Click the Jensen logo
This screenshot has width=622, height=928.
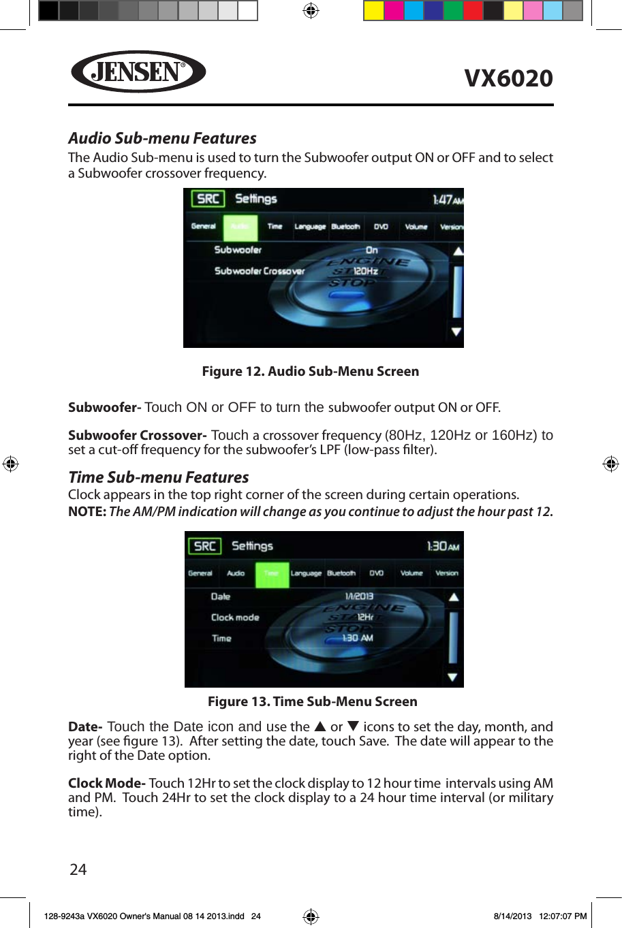tap(138, 71)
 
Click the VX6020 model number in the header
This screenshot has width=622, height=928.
tap(508, 78)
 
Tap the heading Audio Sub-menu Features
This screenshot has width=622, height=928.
tap(162, 138)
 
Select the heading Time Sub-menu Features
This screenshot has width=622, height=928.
tap(158, 477)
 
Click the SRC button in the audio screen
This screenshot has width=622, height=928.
tap(208, 199)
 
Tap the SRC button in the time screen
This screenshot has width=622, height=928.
tap(204, 546)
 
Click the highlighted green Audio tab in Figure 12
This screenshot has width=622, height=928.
tap(240, 227)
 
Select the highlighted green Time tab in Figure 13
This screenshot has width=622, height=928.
tap(272, 574)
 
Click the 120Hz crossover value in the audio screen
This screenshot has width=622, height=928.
tap(365, 271)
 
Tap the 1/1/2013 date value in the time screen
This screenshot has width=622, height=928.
tap(359, 596)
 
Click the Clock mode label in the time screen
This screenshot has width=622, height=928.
tap(235, 618)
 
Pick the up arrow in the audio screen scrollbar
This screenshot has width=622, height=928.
tap(458, 251)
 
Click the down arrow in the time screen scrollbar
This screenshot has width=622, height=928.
tap(452, 677)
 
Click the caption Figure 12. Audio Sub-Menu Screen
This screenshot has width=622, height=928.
tap(310, 372)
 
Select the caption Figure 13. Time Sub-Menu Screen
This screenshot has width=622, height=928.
tap(312, 702)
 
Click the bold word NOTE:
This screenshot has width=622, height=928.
tap(87, 512)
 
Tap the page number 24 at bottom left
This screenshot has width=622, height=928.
tap(78, 869)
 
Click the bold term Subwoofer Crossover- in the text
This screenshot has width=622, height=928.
tap(137, 435)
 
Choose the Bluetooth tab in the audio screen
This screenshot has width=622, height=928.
tap(345, 227)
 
